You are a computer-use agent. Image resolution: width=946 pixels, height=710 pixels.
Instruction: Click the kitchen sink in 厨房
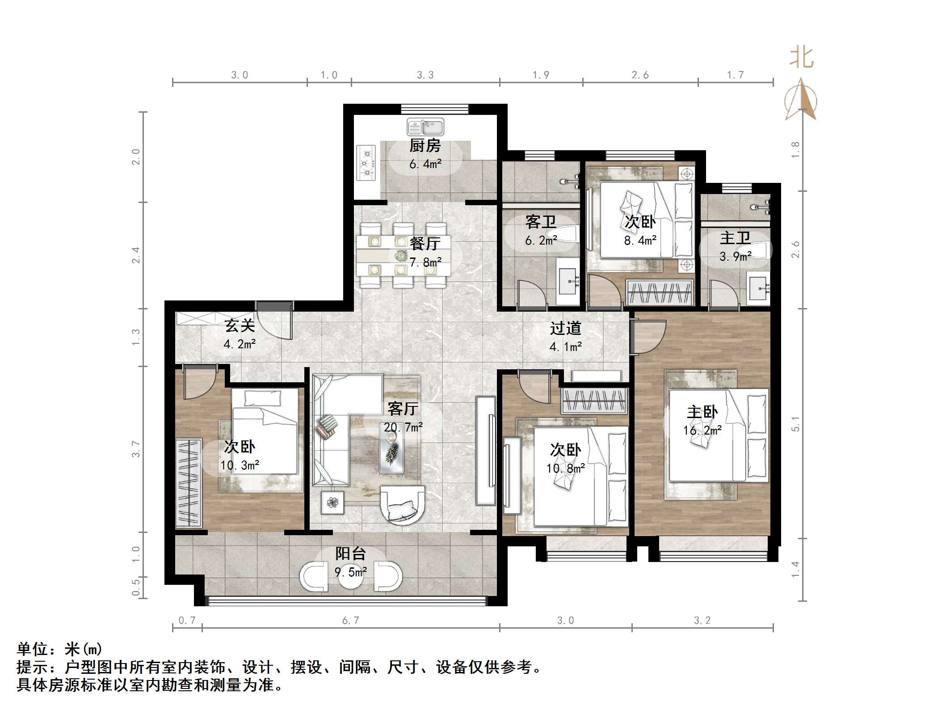(x=425, y=127)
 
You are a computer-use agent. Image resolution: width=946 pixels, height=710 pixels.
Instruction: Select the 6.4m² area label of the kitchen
(x=425, y=164)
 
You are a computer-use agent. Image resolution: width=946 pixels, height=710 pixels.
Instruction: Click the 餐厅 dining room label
(x=425, y=244)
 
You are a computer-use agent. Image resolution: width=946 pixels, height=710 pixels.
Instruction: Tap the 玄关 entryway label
(x=240, y=325)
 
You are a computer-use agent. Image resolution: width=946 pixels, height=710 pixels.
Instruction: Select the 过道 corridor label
(x=565, y=328)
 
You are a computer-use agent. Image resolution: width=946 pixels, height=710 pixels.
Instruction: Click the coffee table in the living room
(x=392, y=447)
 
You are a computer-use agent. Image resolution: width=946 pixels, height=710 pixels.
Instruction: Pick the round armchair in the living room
(x=402, y=504)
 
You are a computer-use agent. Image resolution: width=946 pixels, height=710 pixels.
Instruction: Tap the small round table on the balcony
(x=351, y=577)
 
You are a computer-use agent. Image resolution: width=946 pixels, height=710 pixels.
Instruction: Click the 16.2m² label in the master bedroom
(x=702, y=431)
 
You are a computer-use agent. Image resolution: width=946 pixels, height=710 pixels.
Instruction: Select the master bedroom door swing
(x=647, y=336)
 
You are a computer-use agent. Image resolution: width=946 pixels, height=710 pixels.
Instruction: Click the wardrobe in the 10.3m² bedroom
(x=188, y=482)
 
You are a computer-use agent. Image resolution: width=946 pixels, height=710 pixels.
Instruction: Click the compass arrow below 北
(x=801, y=101)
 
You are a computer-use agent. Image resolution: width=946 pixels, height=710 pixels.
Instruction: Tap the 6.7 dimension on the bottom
(x=350, y=621)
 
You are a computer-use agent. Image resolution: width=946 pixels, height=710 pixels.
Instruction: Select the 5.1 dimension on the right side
(x=795, y=423)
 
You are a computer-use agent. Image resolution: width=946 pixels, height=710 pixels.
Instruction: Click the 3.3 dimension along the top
(x=425, y=75)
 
